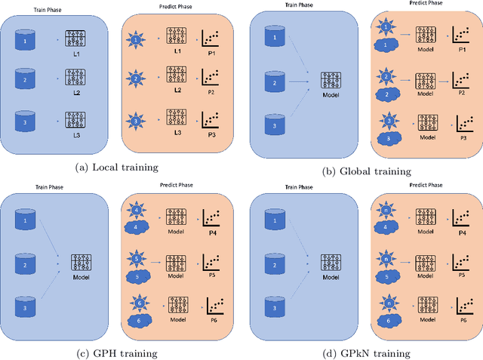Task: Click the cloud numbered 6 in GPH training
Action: coord(138,321)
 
